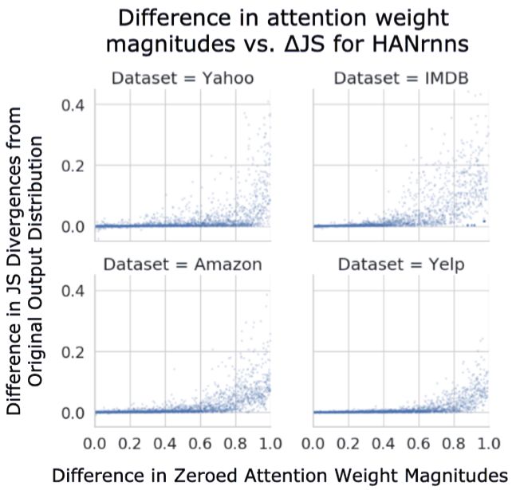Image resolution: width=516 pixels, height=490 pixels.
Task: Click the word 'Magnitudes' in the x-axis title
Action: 459,476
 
